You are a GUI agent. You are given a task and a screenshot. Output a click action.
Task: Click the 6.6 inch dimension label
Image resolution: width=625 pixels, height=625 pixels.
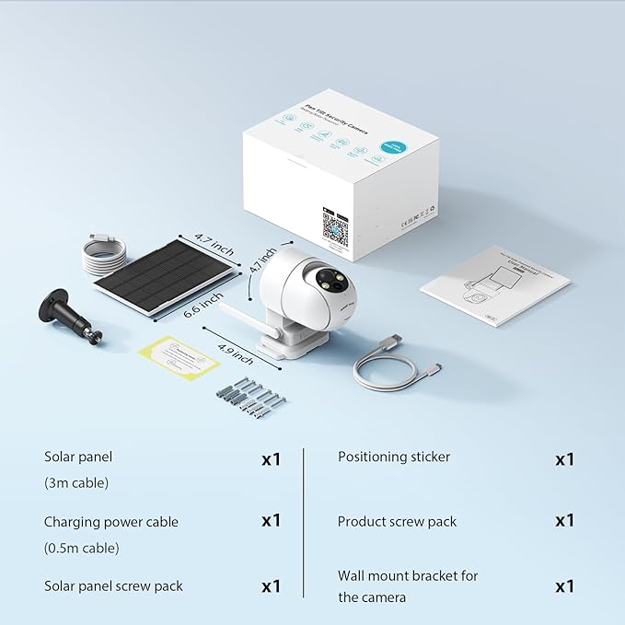coord(203,303)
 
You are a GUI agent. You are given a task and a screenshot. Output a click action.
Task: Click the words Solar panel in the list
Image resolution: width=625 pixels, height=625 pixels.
coord(78,457)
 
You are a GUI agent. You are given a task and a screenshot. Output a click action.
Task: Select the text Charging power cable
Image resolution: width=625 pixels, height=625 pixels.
coord(111,522)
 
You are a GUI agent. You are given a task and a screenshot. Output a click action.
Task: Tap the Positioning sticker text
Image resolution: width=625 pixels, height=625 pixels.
coord(394,457)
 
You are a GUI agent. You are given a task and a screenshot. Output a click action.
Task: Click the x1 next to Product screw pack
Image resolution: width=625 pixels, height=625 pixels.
coord(564,521)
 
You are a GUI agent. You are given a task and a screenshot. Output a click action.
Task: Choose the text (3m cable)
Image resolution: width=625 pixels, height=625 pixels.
coord(77,482)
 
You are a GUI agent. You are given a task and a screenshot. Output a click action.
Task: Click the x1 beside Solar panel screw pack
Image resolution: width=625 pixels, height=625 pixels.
coord(271,586)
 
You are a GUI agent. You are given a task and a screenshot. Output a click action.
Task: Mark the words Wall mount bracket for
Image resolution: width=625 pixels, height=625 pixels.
coord(408,576)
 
